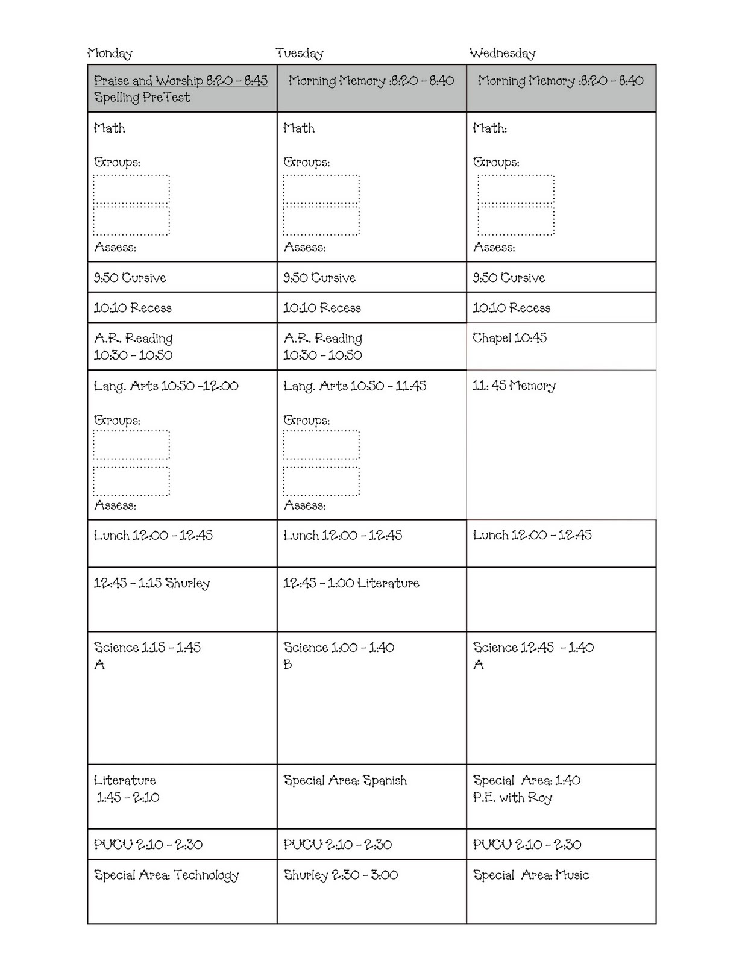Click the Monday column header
click(110, 54)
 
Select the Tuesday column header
click(300, 54)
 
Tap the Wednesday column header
click(503, 54)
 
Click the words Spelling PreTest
click(142, 98)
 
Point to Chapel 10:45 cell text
click(510, 338)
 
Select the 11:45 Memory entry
click(514, 386)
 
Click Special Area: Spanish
click(345, 781)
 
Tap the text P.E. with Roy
click(513, 798)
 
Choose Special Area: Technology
click(166, 875)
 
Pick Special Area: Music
click(531, 875)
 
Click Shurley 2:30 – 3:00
click(341, 875)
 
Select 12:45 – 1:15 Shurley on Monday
click(152, 584)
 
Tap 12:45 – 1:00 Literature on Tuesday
click(351, 584)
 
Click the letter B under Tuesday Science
click(288, 665)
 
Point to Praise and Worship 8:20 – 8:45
click(181, 81)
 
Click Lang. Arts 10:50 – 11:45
click(355, 386)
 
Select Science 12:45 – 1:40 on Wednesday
click(533, 648)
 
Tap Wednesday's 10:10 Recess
click(512, 308)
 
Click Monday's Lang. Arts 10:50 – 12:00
click(166, 386)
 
